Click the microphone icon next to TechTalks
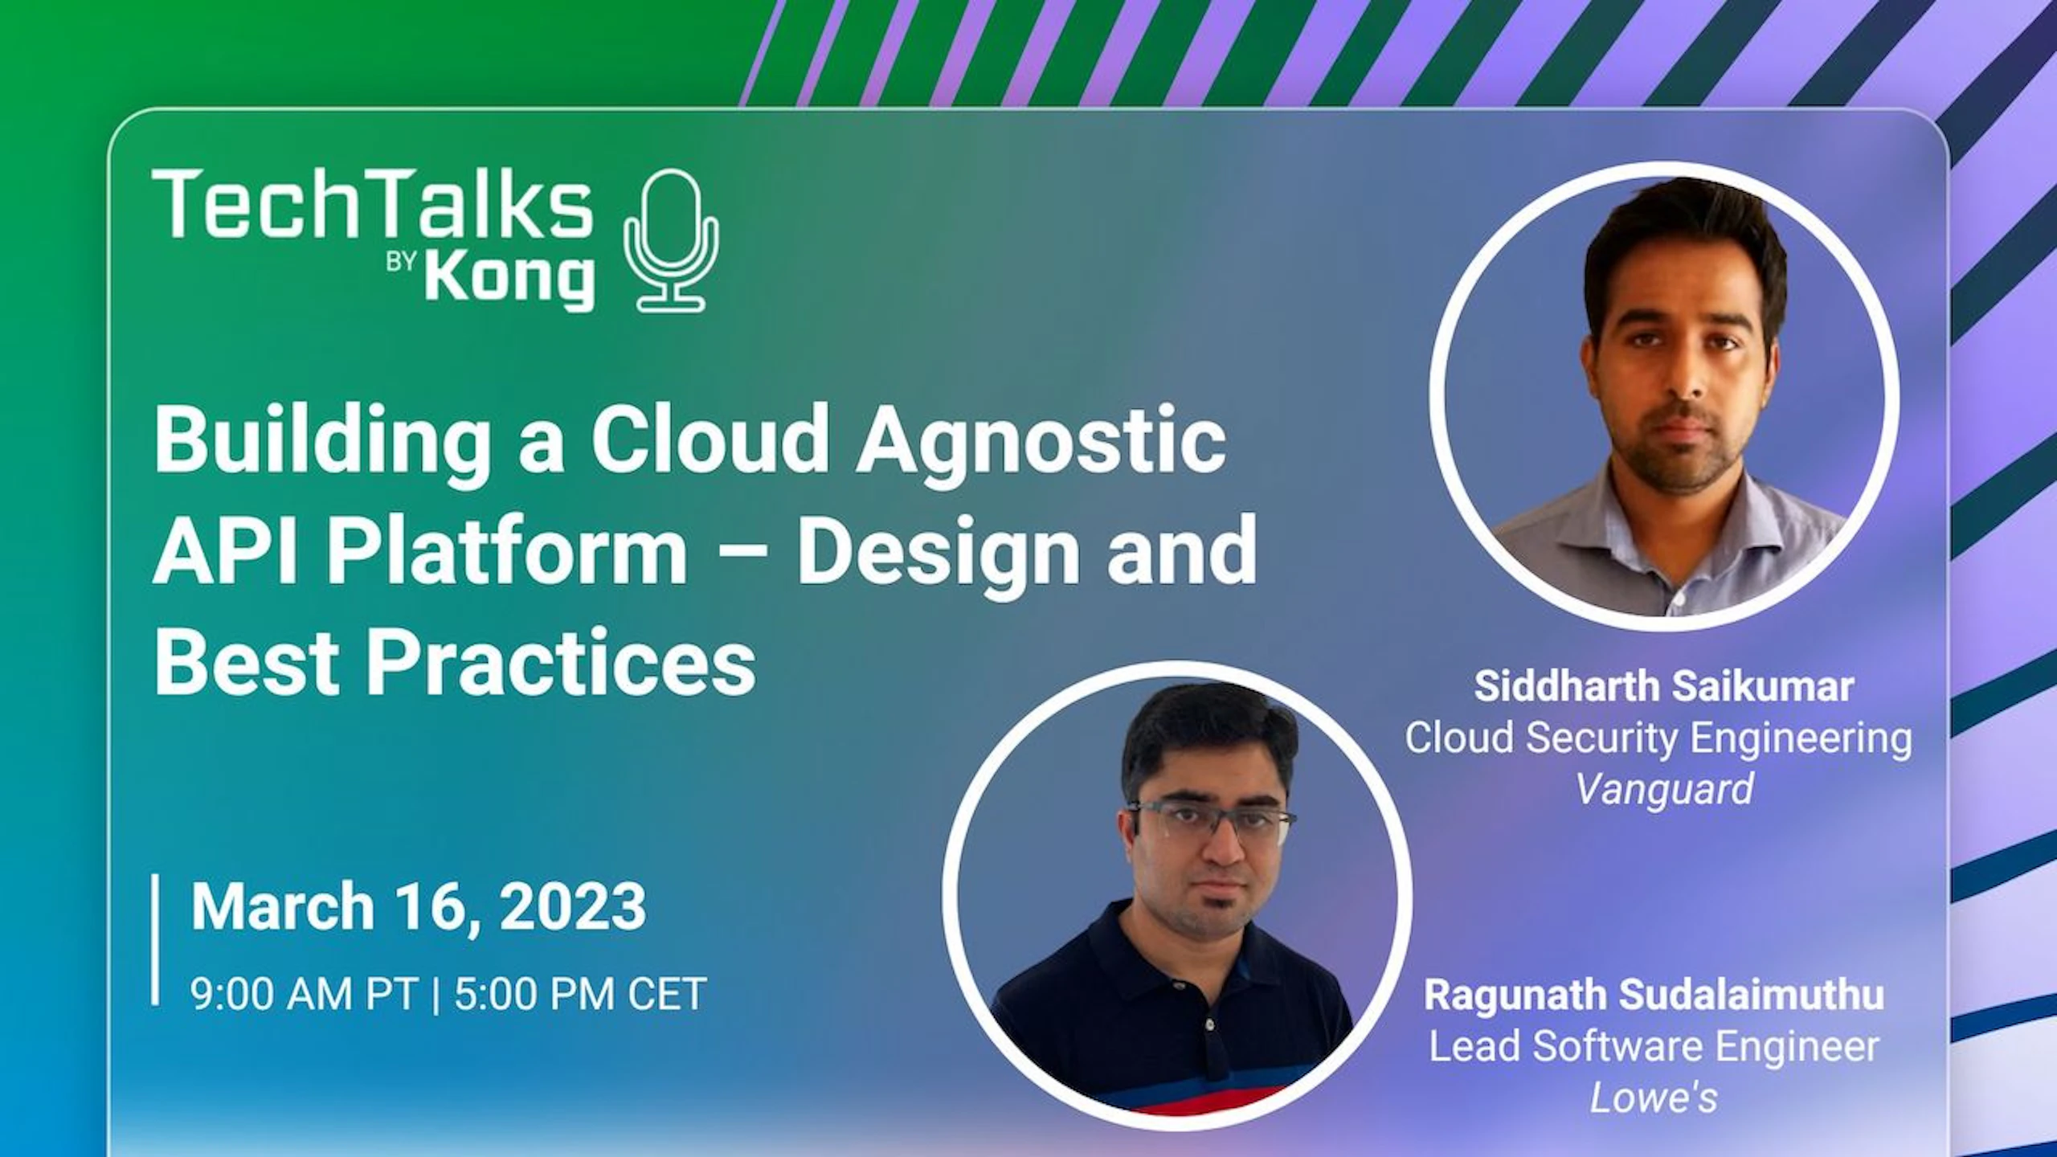(x=672, y=240)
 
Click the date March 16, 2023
(x=418, y=906)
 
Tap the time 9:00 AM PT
(x=304, y=994)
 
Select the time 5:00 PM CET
(x=580, y=994)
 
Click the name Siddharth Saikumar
(x=1664, y=686)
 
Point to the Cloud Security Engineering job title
(x=1658, y=738)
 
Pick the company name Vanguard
(x=1664, y=789)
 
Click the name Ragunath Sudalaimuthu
(x=1654, y=995)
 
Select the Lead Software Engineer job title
(x=1654, y=1046)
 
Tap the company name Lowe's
(x=1654, y=1098)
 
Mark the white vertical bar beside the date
(x=155, y=939)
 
